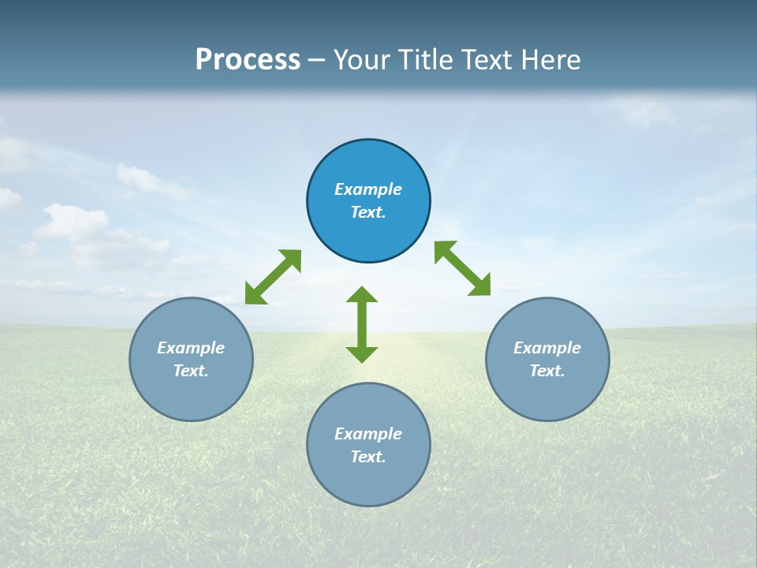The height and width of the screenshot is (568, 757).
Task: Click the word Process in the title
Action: click(x=248, y=60)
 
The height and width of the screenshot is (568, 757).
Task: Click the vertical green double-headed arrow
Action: click(x=362, y=324)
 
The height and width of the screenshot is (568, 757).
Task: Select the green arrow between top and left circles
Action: click(x=273, y=277)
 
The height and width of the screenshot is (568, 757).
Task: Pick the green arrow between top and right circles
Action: click(x=463, y=268)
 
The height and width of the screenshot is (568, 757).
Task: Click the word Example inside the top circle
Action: click(x=368, y=189)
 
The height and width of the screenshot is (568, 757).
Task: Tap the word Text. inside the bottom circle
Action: click(x=368, y=457)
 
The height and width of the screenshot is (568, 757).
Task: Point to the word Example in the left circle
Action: click(x=191, y=348)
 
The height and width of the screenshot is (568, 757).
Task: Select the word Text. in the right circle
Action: click(x=547, y=371)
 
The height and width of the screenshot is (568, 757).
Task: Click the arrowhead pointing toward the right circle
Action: click(x=480, y=286)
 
